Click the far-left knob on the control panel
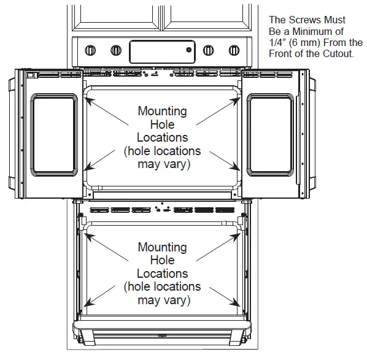(x=90, y=50)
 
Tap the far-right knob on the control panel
(x=233, y=50)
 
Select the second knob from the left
(x=115, y=50)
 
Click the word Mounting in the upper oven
(x=162, y=112)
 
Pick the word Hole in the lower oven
(x=162, y=261)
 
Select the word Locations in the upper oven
(x=162, y=137)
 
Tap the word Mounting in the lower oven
(x=162, y=247)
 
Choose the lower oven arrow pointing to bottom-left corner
(x=104, y=294)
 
